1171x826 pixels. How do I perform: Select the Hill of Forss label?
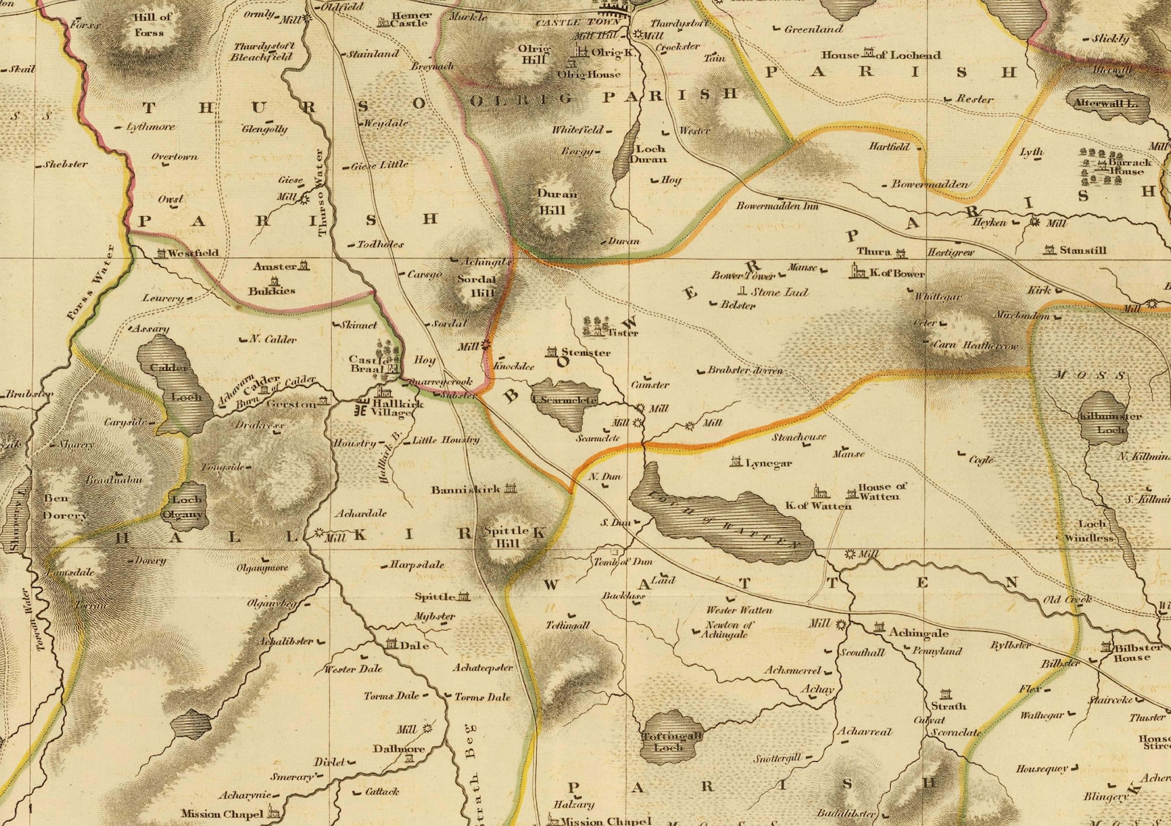click(x=152, y=24)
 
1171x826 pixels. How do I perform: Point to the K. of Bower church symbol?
click(x=858, y=271)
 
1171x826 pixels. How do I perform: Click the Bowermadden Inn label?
click(x=777, y=206)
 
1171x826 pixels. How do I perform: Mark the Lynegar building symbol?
click(x=735, y=462)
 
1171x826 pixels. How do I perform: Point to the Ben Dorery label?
click(x=65, y=507)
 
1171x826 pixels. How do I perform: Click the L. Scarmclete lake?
click(x=564, y=403)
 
